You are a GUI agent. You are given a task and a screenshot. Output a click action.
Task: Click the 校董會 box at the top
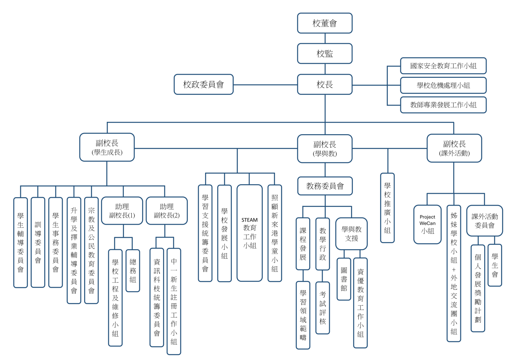325,23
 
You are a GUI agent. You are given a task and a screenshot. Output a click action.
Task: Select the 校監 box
325,54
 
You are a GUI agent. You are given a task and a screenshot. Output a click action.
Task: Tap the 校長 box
325,84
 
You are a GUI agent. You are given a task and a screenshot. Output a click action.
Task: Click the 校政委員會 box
203,84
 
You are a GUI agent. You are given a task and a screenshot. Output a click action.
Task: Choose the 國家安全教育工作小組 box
443,66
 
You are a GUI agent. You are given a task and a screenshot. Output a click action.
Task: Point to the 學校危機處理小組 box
443,85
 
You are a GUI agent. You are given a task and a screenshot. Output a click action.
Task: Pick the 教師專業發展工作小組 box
443,105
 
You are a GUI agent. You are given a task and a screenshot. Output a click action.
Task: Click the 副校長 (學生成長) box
107,147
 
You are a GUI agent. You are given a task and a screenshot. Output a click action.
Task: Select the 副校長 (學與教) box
325,148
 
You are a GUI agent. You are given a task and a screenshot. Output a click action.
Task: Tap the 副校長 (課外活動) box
454,148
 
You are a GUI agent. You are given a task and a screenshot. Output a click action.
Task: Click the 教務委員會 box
325,186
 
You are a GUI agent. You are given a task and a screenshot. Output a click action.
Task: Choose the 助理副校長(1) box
122,211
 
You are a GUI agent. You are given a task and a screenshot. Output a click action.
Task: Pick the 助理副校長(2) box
167,211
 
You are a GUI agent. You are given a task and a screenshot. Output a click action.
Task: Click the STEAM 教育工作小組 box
250,233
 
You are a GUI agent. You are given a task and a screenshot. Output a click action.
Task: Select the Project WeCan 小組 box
427,224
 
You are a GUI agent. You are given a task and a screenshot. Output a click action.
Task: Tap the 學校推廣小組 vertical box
387,208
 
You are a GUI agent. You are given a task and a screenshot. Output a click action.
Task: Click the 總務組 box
133,271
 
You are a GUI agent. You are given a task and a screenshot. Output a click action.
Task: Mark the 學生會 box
495,265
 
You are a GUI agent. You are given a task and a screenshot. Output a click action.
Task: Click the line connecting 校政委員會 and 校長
265,85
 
